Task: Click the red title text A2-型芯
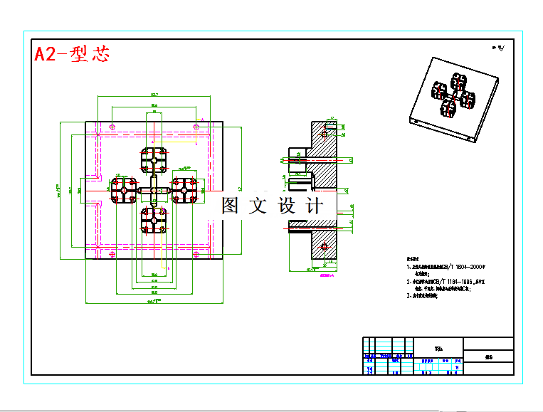[x=72, y=54]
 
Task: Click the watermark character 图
[x=229, y=206]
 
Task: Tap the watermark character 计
[x=313, y=206]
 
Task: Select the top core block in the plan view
[x=154, y=160]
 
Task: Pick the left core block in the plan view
[x=123, y=190]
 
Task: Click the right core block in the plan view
[x=184, y=190]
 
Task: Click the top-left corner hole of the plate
[x=112, y=127]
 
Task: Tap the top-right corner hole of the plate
[x=196, y=127]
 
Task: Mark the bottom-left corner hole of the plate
[x=112, y=253]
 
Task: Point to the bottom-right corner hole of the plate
[x=196, y=253]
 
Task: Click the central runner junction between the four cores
[x=154, y=190]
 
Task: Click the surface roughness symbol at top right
[x=497, y=48]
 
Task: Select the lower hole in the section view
[x=325, y=246]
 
